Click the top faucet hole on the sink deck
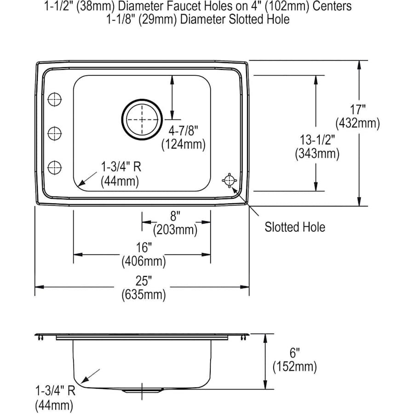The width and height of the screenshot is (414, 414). click(55, 99)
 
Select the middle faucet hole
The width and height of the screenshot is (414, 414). click(55, 133)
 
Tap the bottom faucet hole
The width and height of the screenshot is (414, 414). click(55, 167)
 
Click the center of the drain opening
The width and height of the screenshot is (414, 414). click(142, 119)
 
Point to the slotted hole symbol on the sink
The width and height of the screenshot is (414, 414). click(229, 180)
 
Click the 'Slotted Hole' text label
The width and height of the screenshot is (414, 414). click(295, 227)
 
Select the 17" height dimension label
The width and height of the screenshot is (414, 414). click(358, 109)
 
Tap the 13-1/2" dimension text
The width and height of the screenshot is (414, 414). click(317, 140)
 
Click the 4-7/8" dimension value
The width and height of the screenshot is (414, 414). click(184, 131)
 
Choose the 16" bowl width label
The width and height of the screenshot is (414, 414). click(144, 247)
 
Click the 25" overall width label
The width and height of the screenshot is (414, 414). click(144, 281)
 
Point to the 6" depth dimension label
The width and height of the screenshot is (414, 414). click(295, 352)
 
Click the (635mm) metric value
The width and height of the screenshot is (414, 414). click(144, 295)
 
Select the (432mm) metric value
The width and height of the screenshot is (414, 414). click(358, 123)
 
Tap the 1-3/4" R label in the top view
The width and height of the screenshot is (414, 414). click(121, 167)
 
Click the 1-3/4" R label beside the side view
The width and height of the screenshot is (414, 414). click(56, 391)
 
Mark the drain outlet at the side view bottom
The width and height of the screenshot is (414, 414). click(143, 391)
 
